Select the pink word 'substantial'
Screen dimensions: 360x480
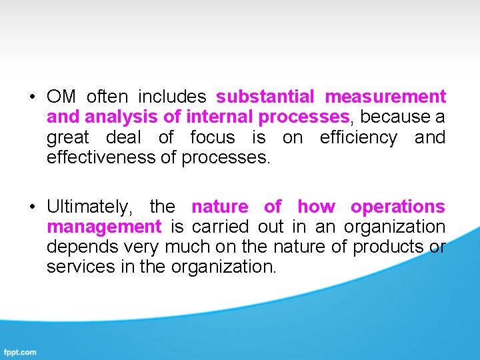(265, 97)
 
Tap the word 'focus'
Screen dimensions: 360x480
(213, 138)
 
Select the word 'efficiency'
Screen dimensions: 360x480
(358, 138)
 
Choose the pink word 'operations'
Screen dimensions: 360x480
(398, 207)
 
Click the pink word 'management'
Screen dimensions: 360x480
(104, 227)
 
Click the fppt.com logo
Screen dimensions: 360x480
(20, 352)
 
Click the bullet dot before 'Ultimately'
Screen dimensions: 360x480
(32, 207)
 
